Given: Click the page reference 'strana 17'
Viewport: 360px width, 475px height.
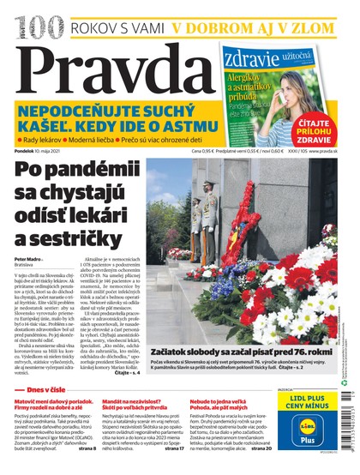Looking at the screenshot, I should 173,448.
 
